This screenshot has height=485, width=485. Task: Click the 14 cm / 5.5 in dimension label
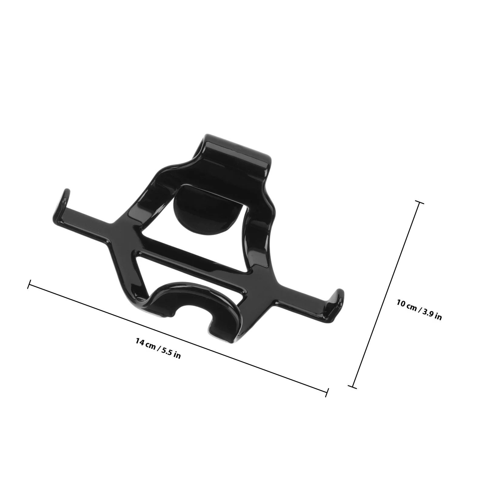158,349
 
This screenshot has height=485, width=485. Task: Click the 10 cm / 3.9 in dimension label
419,310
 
